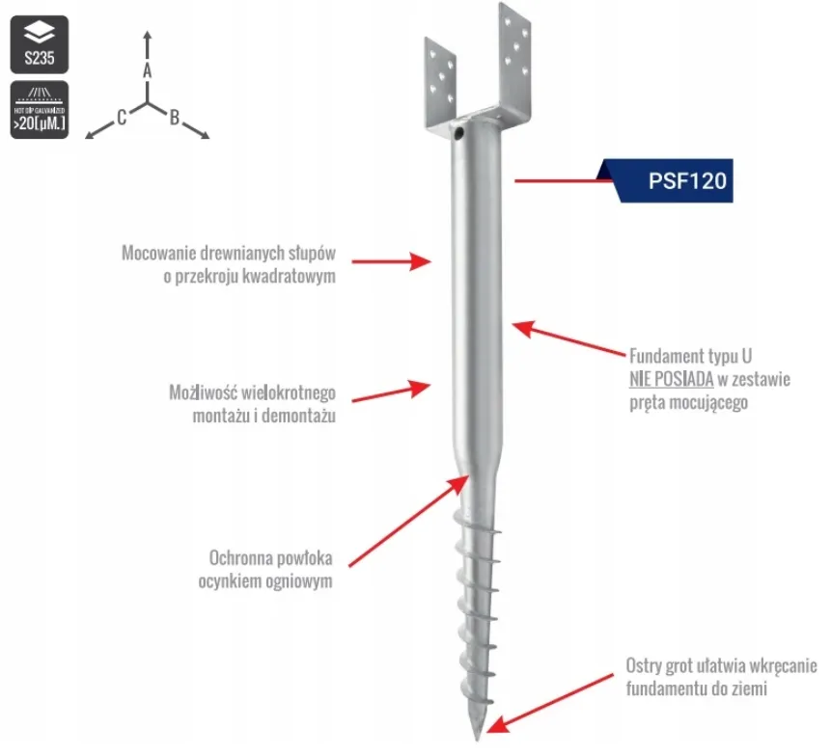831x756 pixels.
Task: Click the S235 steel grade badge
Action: [40, 44]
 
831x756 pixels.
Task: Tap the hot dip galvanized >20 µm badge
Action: [40, 110]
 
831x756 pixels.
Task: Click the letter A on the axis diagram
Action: [148, 70]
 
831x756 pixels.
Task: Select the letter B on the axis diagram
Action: [175, 117]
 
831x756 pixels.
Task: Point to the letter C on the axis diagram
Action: [122, 117]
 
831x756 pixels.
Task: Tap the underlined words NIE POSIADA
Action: [672, 379]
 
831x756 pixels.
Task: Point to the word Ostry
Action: [644, 666]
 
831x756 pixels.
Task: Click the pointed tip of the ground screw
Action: [478, 739]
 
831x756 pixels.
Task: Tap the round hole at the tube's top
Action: [458, 132]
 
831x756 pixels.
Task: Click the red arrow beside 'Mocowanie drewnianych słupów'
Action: [391, 261]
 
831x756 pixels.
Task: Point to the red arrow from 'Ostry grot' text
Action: [549, 704]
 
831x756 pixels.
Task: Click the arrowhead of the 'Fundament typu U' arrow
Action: [522, 328]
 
